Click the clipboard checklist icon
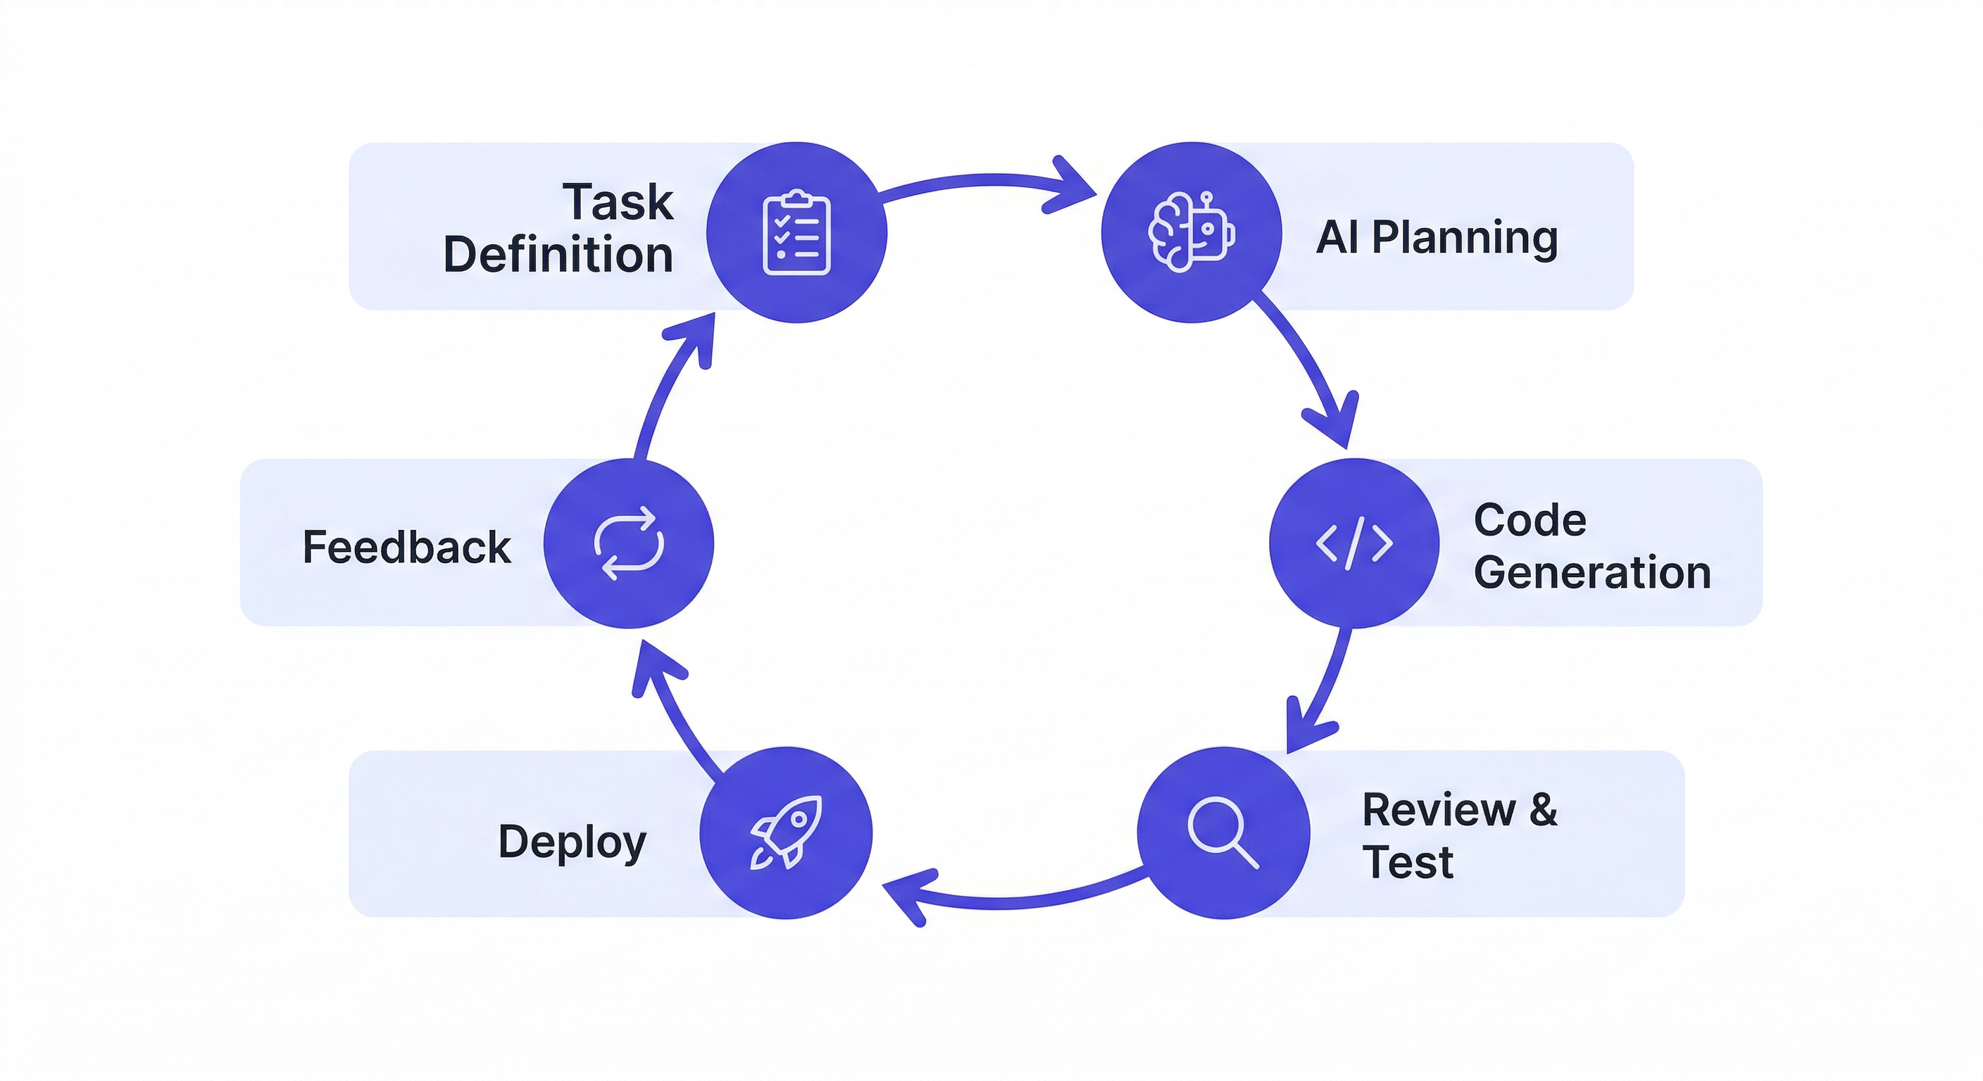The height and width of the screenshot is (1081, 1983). point(796,232)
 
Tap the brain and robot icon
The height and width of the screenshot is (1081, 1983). point(1191,232)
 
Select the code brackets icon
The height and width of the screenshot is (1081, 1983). point(1353,543)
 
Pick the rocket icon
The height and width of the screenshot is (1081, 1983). point(786,833)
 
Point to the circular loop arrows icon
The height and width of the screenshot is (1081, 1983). point(628,543)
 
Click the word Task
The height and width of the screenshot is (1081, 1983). point(618,203)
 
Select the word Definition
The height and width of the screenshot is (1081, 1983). point(558,255)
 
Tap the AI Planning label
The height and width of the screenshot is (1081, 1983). point(1437,237)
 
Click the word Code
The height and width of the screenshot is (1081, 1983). point(1530,520)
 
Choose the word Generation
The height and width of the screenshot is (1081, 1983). point(1592,572)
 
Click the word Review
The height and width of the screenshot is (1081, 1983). point(1438,809)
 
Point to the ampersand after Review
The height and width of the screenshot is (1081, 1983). point(1543,809)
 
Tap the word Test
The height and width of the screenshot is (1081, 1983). point(1407,861)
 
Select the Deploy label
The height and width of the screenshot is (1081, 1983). point(572,842)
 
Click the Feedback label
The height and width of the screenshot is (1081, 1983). point(406,547)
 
